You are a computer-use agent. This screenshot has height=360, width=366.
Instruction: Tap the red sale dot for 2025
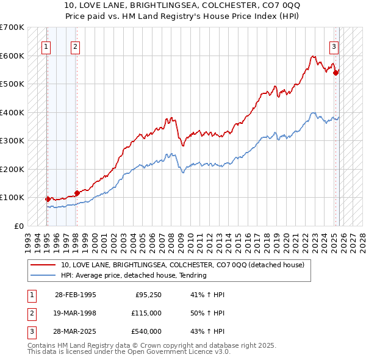pyautogui.click(x=335, y=72)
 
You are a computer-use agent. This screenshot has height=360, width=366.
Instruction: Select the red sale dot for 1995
pyautogui.click(x=48, y=199)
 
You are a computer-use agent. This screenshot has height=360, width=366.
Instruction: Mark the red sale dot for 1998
pyautogui.click(x=77, y=193)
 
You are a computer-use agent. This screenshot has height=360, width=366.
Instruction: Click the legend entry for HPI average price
pyautogui.click(x=134, y=275)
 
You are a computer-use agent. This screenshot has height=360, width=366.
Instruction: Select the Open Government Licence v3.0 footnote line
pyautogui.click(x=129, y=352)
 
